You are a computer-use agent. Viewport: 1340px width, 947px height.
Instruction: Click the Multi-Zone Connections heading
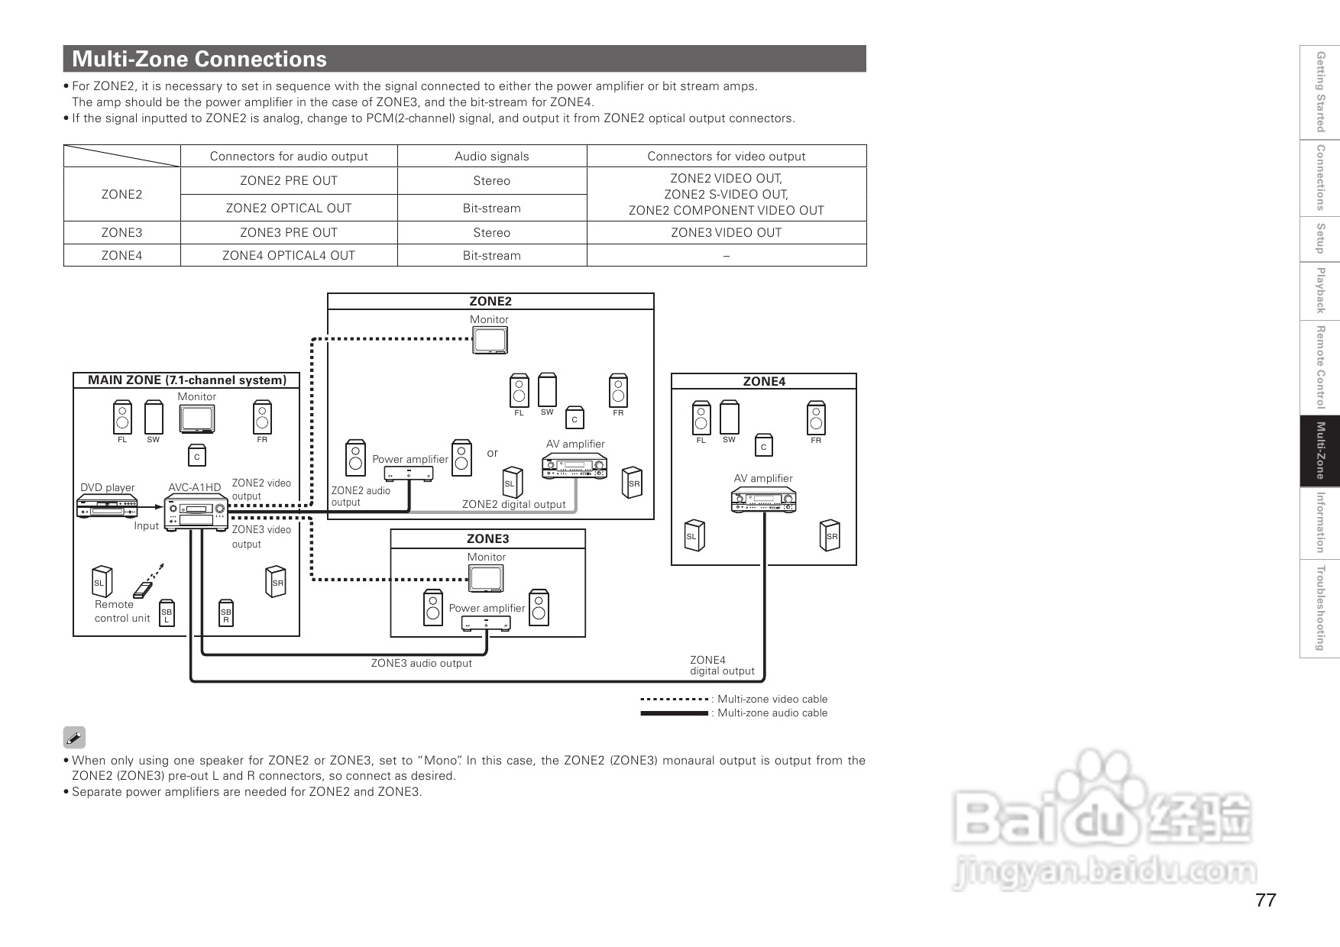[x=199, y=59]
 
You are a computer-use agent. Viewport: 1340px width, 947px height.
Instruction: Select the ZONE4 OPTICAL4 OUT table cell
[x=289, y=256]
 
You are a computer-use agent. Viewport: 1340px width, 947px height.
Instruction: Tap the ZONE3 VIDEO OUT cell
[x=726, y=233]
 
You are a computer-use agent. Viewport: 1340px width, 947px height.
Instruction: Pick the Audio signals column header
[x=491, y=157]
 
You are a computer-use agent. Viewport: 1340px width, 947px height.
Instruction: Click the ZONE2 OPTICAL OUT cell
[x=289, y=208]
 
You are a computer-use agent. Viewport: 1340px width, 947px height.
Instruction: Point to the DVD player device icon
[x=107, y=506]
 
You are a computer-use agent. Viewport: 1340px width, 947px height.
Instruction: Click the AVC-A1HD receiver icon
[x=196, y=511]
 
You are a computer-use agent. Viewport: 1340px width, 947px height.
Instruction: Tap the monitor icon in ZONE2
[x=490, y=341]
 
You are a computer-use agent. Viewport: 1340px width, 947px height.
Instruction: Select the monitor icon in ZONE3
[x=487, y=579]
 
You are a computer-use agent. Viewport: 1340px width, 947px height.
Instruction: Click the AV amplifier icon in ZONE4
[x=763, y=500]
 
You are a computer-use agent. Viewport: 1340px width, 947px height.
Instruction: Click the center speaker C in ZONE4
[x=763, y=447]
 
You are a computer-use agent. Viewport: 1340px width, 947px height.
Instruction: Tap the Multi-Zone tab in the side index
[x=1320, y=451]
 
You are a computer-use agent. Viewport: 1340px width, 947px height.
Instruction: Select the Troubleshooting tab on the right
[x=1320, y=608]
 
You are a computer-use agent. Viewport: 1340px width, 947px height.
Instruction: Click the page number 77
[x=1265, y=900]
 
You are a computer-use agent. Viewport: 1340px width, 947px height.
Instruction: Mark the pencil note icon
[x=74, y=738]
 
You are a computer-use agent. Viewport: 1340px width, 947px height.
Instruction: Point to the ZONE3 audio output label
[x=421, y=664]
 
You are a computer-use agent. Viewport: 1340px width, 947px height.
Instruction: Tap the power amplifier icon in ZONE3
[x=487, y=623]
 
